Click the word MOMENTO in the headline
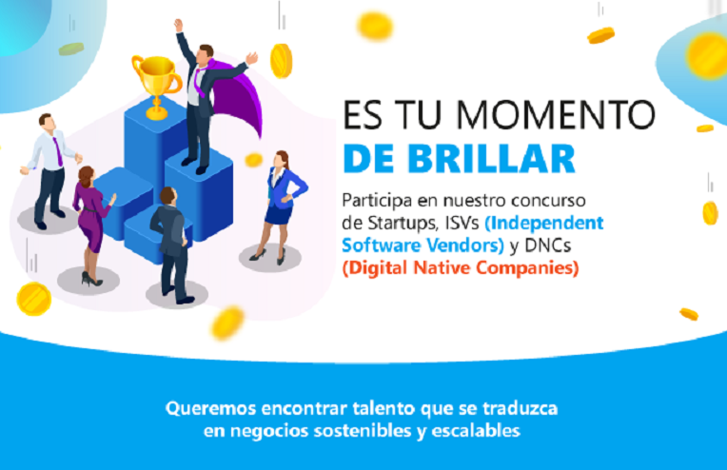click(556, 114)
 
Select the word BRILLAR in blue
click(491, 159)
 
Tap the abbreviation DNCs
click(547, 245)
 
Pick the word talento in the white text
click(383, 408)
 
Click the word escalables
click(476, 431)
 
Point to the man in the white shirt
click(50, 170)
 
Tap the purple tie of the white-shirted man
click(58, 151)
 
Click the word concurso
click(548, 201)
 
